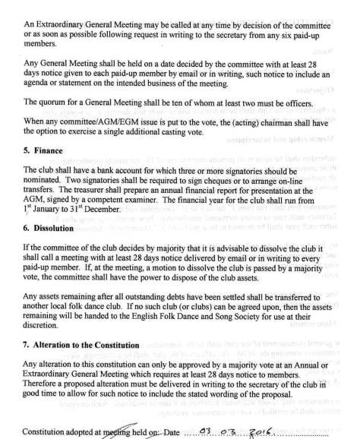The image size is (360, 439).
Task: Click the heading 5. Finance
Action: click(x=46, y=150)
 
